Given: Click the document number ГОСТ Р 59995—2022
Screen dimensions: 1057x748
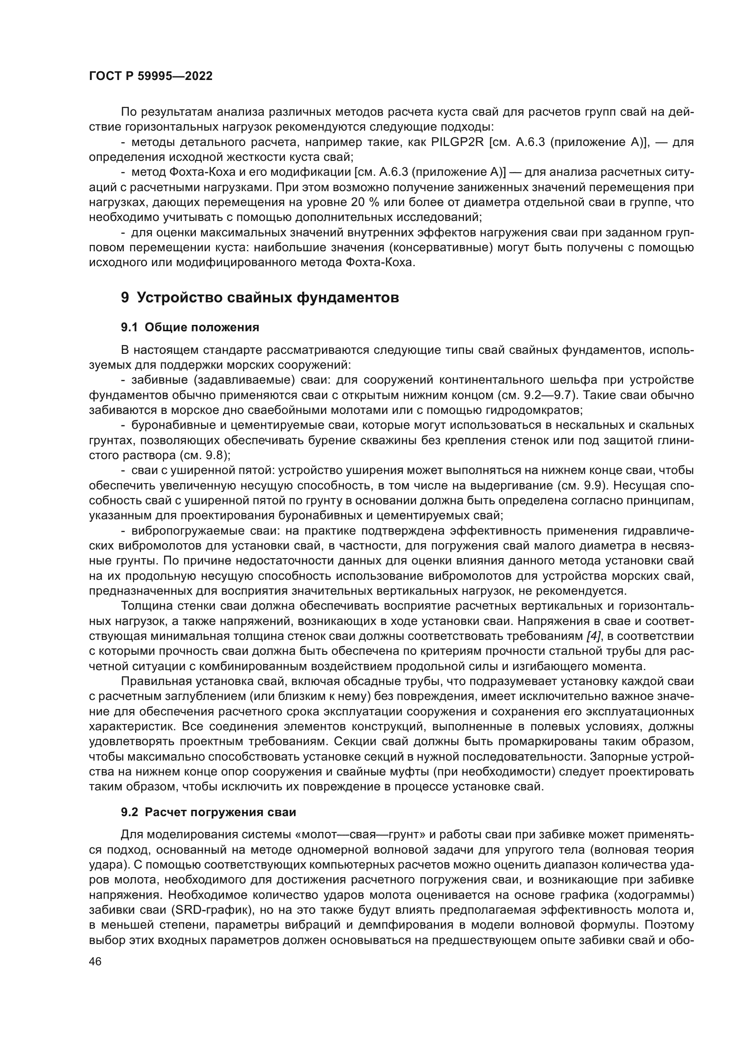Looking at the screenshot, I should pos(151,76).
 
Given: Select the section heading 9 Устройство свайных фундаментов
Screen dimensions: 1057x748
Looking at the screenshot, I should pos(260,298).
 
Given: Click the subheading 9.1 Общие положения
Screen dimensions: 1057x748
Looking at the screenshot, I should pos(190,327).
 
